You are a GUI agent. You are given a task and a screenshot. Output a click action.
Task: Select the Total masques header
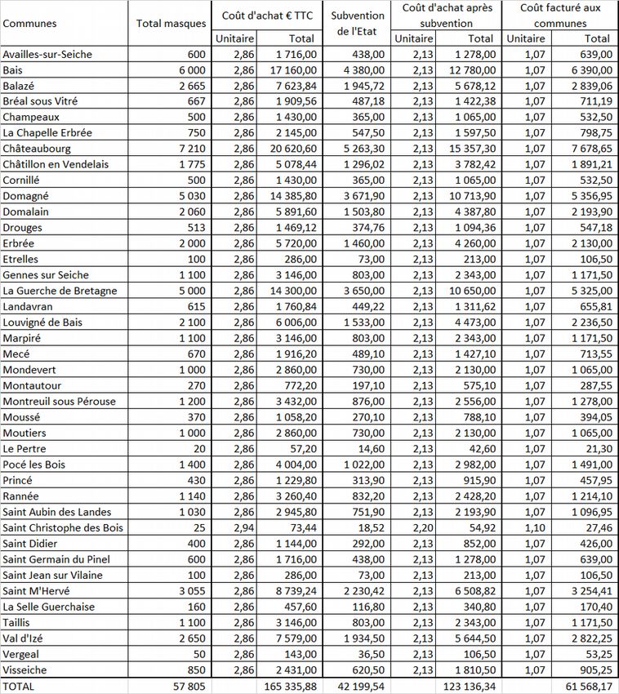(x=171, y=23)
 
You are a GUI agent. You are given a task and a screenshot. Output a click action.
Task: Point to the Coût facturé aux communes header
(x=560, y=16)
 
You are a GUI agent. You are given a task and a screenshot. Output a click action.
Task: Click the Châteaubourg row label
(x=37, y=149)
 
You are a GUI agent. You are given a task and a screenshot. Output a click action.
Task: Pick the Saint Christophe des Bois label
(x=63, y=528)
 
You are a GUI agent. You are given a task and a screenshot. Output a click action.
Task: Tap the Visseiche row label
(x=25, y=670)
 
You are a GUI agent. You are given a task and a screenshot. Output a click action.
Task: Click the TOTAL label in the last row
(x=19, y=687)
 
